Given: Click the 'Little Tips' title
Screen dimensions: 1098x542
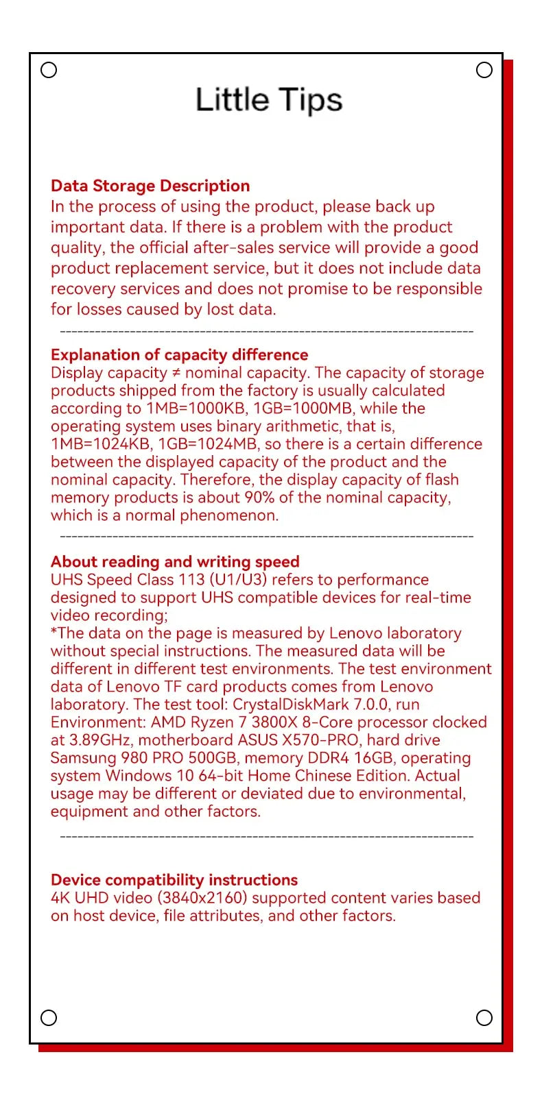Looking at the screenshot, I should click(269, 101).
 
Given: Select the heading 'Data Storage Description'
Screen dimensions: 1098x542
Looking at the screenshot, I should click(150, 186).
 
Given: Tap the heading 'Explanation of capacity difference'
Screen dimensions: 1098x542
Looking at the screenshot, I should click(179, 354).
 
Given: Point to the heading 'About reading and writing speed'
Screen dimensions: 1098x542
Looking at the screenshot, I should click(175, 562).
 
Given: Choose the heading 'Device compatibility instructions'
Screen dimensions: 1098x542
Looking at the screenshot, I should click(174, 880).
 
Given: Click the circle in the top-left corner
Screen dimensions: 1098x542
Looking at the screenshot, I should click(49, 70).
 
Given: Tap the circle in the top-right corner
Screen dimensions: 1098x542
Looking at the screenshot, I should click(484, 70).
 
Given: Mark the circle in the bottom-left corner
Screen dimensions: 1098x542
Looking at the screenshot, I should click(49, 1018).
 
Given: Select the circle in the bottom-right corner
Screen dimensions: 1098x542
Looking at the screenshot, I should click(484, 1018).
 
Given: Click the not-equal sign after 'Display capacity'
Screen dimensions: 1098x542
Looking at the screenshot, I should click(176, 374).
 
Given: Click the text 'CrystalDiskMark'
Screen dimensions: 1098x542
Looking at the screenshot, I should click(291, 705).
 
